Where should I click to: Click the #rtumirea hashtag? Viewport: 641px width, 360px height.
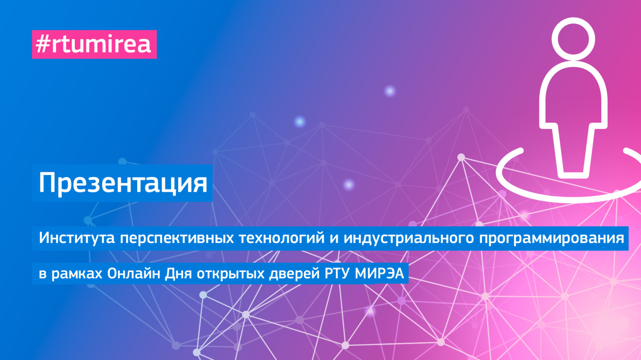[x=94, y=44]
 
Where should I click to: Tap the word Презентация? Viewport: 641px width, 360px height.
[x=123, y=183]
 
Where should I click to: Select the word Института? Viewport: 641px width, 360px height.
[x=77, y=238]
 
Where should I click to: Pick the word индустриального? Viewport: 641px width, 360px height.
[x=409, y=238]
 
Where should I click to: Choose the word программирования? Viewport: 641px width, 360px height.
[x=551, y=238]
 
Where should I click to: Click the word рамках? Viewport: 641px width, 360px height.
[x=77, y=273]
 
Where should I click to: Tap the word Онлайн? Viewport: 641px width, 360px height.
[x=134, y=273]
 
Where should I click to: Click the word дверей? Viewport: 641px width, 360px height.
[x=294, y=273]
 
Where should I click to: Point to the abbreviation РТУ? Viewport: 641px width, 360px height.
[x=338, y=273]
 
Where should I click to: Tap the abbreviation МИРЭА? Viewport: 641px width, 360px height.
[x=379, y=273]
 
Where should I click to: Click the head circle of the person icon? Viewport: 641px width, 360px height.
[x=573, y=39]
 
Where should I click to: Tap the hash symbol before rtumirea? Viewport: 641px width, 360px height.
[x=43, y=44]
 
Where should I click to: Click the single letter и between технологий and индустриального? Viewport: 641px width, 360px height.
[x=334, y=238]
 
